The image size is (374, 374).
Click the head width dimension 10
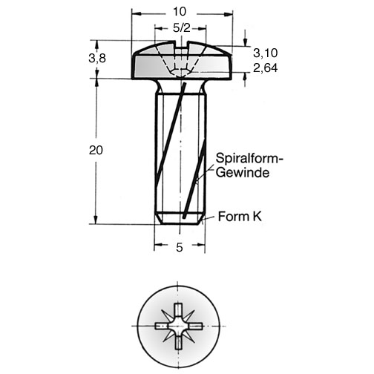pyautogui.click(x=180, y=12)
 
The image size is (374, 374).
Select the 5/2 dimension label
pyautogui.click(x=182, y=28)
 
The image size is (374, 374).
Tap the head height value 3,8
pyautogui.click(x=97, y=59)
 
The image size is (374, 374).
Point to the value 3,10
pyautogui.click(x=266, y=53)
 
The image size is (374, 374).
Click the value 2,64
pyautogui.click(x=266, y=68)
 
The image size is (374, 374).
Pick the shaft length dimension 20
pyautogui.click(x=96, y=150)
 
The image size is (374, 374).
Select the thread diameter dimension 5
pyautogui.click(x=180, y=247)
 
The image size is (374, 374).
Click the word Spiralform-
pyautogui.click(x=249, y=158)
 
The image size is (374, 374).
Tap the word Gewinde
pyautogui.click(x=243, y=172)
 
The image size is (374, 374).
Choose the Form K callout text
pyautogui.click(x=240, y=217)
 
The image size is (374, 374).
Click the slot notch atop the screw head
pyautogui.click(x=181, y=45)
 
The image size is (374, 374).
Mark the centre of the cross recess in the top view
pyautogui.click(x=178, y=326)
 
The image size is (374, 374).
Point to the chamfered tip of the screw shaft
pyautogui.click(x=180, y=219)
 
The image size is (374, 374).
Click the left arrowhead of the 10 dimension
pyautogui.click(x=136, y=14)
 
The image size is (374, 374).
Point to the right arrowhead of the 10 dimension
pyautogui.click(x=229, y=15)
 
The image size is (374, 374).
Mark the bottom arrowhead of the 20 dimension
pyautogui.click(x=96, y=220)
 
